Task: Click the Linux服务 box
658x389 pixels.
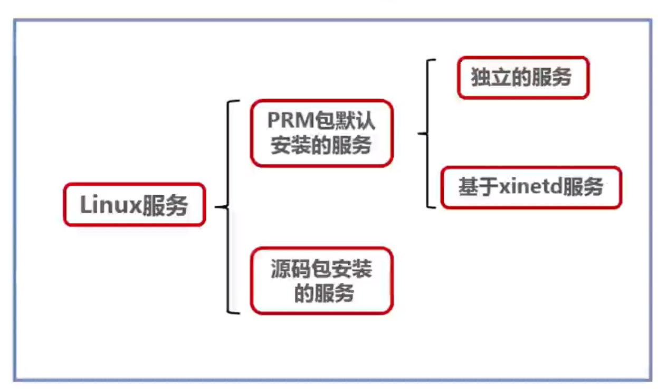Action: pyautogui.click(x=134, y=205)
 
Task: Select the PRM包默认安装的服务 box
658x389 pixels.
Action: pyautogui.click(x=321, y=133)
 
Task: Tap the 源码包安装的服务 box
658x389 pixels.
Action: pyautogui.click(x=321, y=281)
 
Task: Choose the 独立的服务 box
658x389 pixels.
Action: pyautogui.click(x=522, y=78)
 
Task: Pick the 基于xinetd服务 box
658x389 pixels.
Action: pyautogui.click(x=531, y=187)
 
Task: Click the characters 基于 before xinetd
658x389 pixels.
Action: pyautogui.click(x=470, y=187)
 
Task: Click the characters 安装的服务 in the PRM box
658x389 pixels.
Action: pyautogui.click(x=321, y=145)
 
